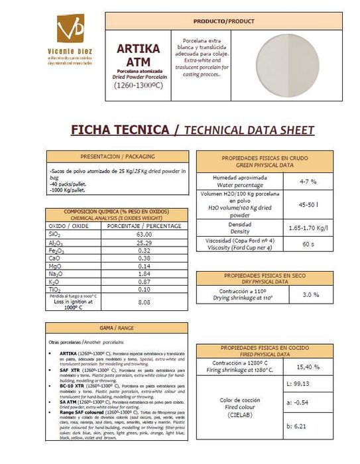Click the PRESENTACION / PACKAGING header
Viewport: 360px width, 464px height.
(x=116, y=156)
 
